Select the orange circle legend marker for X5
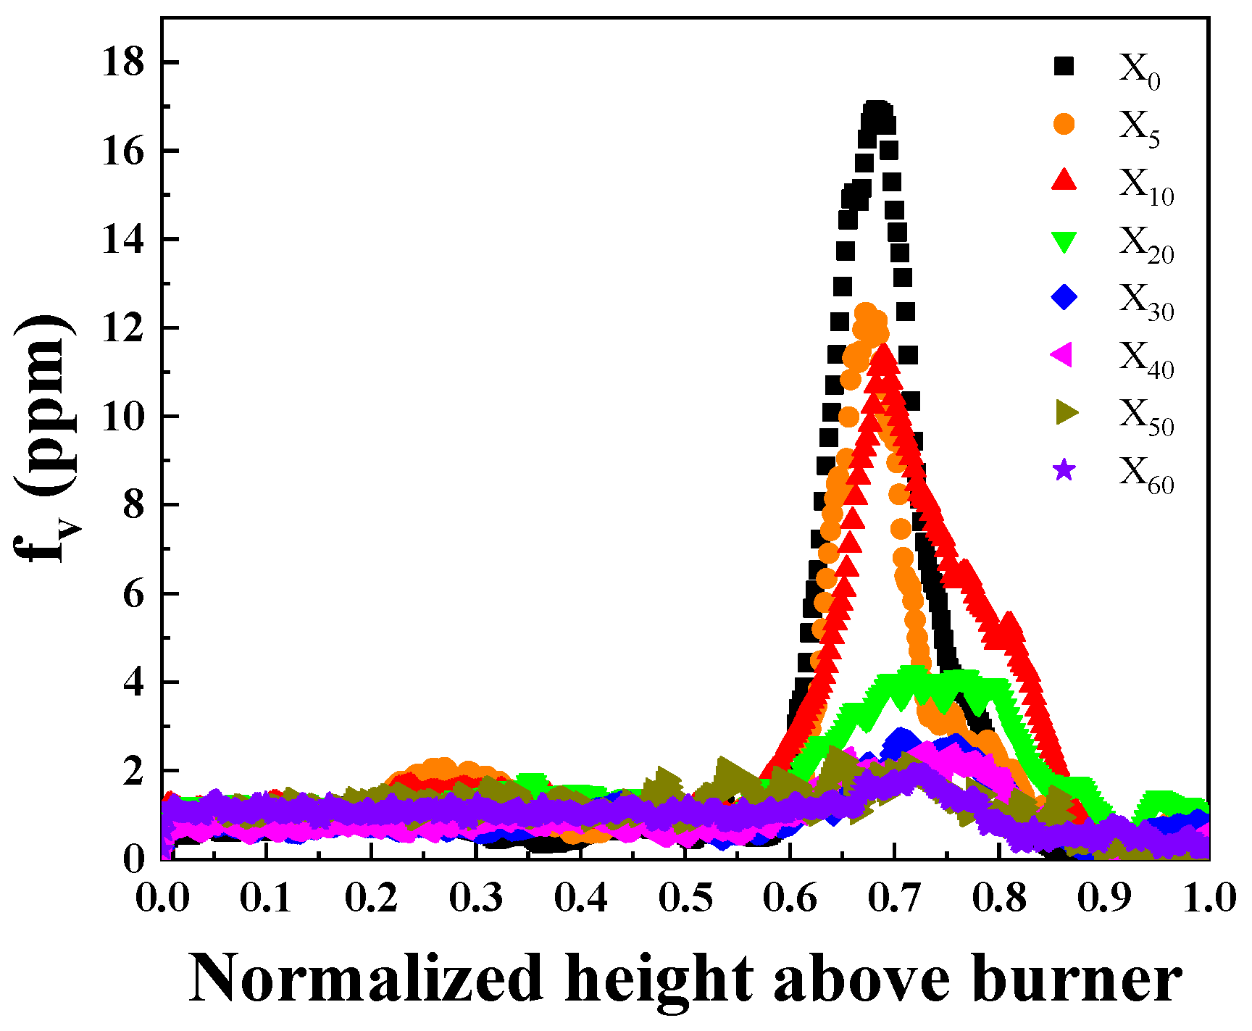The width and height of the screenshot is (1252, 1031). point(1064,125)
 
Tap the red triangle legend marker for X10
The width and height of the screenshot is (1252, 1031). point(1064,180)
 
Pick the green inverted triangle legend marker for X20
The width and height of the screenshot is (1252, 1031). point(1064,241)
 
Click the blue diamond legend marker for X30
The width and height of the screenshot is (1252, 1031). point(1064,297)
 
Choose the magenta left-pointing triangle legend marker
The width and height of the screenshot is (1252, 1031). point(1062,355)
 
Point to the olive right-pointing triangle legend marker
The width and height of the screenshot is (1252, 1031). point(1066,413)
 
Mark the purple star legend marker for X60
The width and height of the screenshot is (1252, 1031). point(1064,471)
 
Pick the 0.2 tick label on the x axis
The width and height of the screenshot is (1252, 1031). point(372,898)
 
